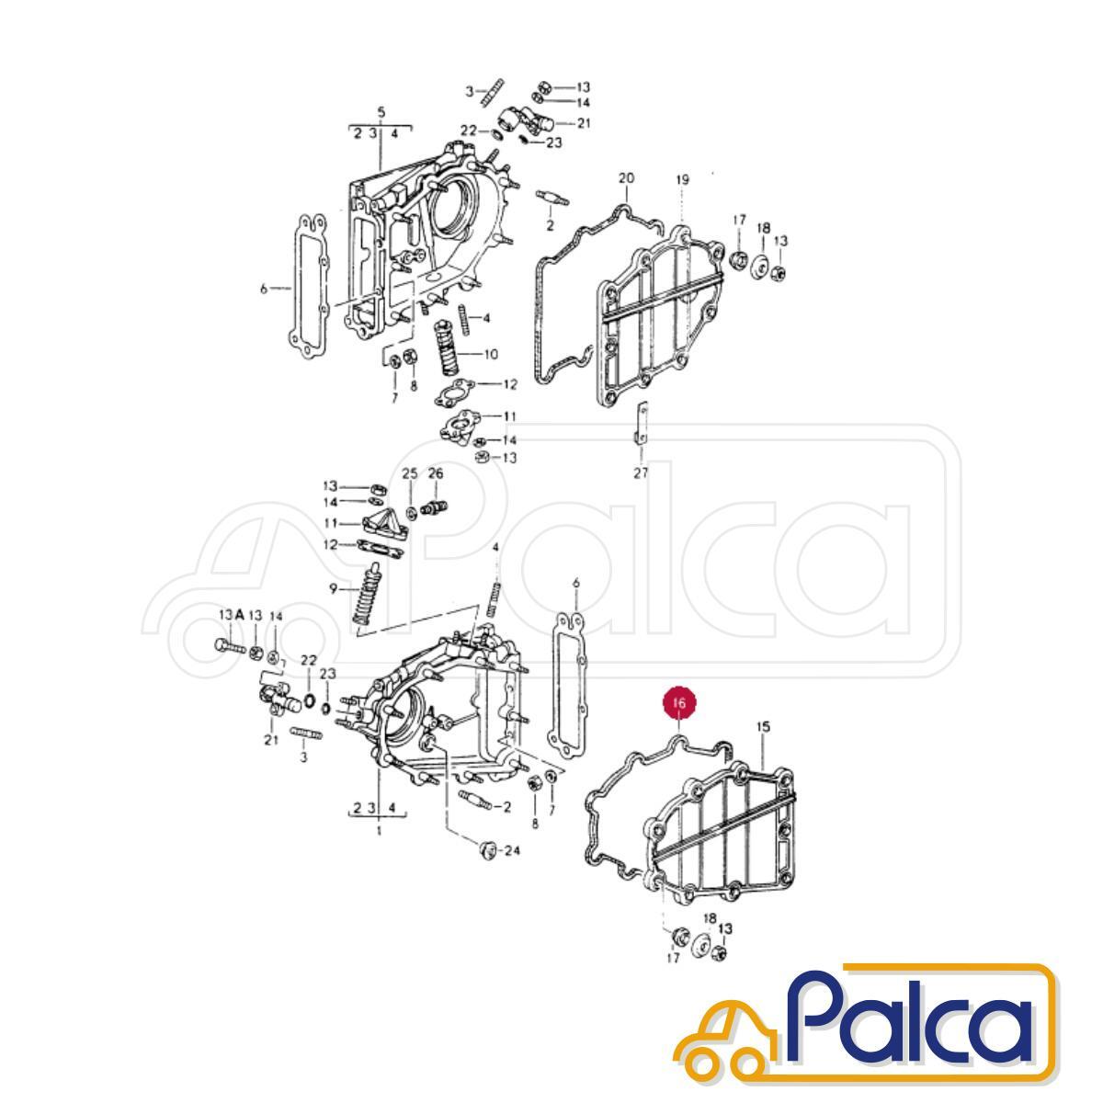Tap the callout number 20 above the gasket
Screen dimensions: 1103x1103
coord(626,178)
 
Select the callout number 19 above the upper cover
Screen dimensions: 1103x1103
coord(681,180)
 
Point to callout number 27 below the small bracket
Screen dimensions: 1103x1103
coord(641,472)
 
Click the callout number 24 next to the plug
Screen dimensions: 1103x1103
coord(511,868)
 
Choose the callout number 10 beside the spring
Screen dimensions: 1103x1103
coord(491,354)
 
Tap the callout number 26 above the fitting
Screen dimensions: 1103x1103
coord(436,473)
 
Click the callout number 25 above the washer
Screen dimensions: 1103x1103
coord(410,473)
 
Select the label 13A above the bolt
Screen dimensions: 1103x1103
coord(232,615)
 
